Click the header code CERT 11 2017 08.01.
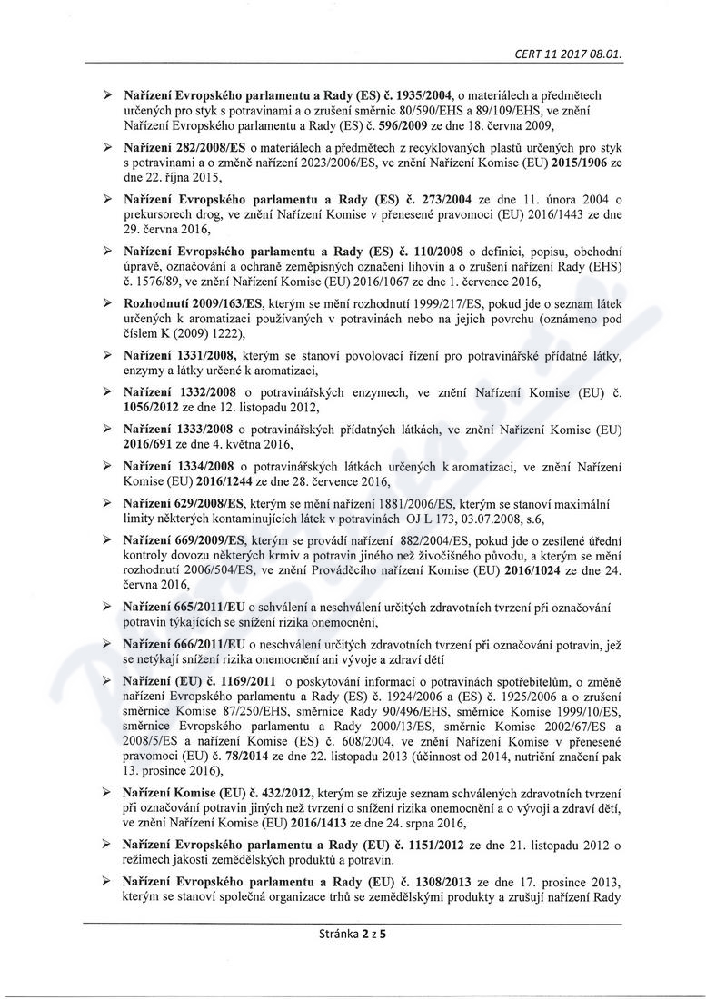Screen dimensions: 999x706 coord(569,53)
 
